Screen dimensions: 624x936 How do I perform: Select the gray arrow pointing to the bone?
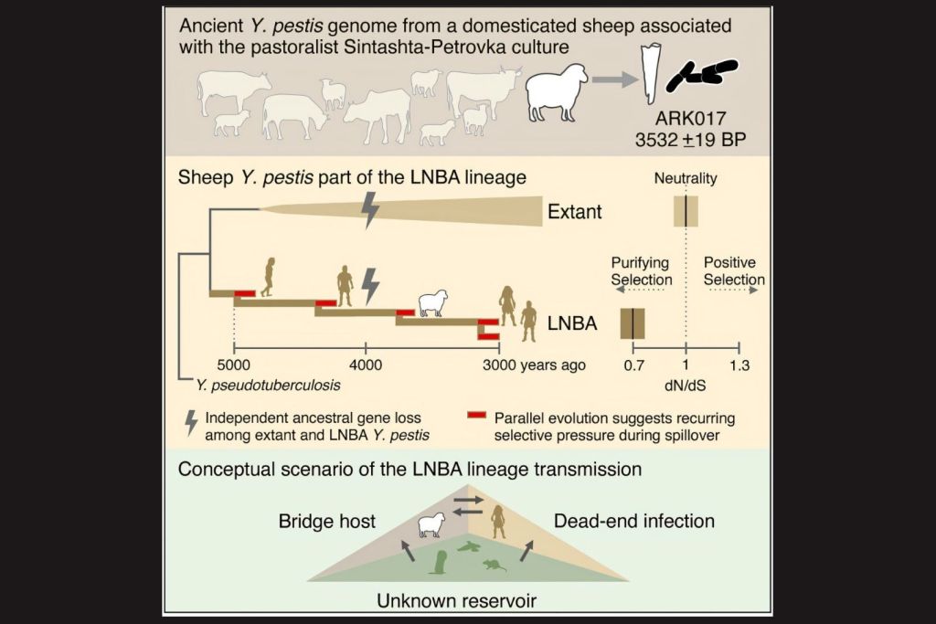(614, 80)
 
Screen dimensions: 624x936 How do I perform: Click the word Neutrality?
(686, 179)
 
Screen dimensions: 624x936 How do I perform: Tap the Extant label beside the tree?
(574, 212)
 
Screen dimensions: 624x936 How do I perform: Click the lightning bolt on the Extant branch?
(370, 209)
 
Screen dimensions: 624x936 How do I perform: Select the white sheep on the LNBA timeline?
(432, 302)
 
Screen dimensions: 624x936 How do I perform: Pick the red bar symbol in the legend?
(475, 416)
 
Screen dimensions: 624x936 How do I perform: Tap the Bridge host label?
(327, 521)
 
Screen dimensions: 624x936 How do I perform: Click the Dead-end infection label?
(634, 521)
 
